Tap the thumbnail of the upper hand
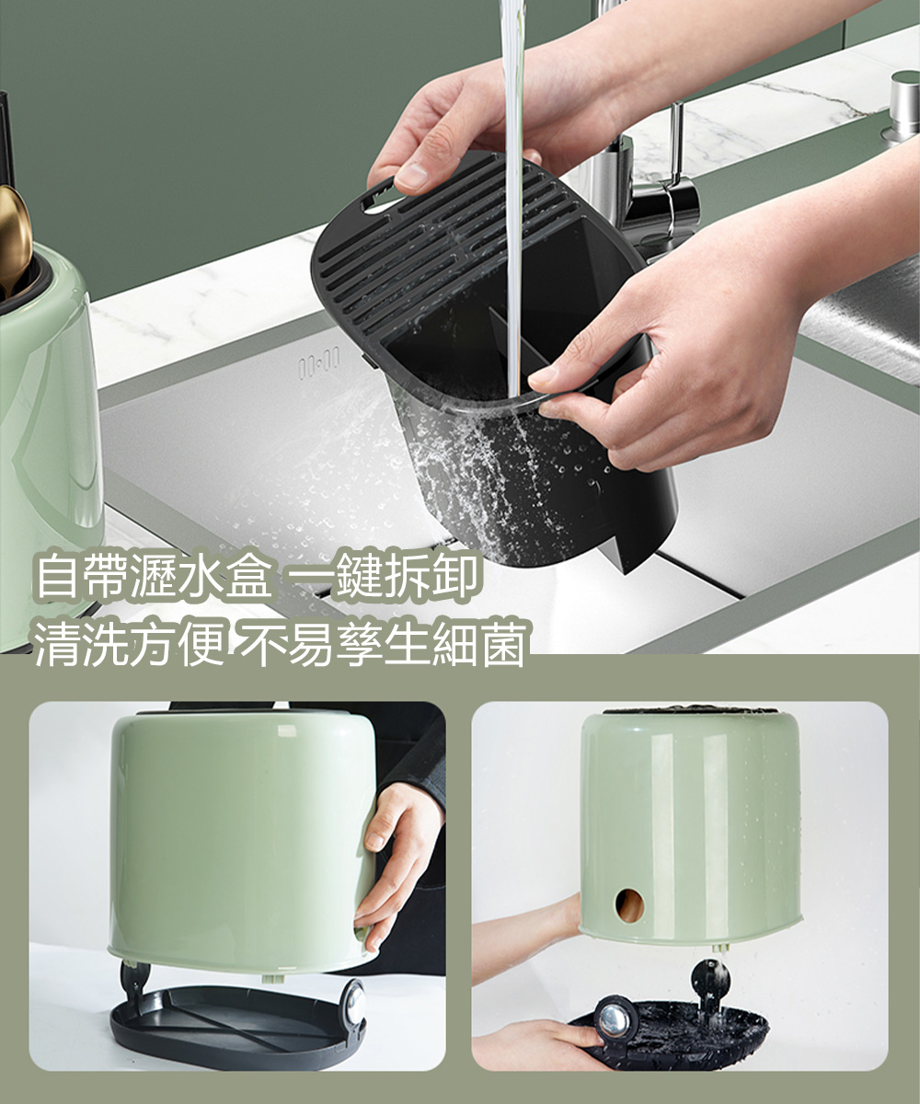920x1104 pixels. [x=410, y=176]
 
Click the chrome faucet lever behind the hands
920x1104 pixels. [x=676, y=138]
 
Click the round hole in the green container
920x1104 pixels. [x=630, y=905]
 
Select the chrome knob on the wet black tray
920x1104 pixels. [x=612, y=1019]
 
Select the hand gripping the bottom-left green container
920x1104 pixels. [x=396, y=856]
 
